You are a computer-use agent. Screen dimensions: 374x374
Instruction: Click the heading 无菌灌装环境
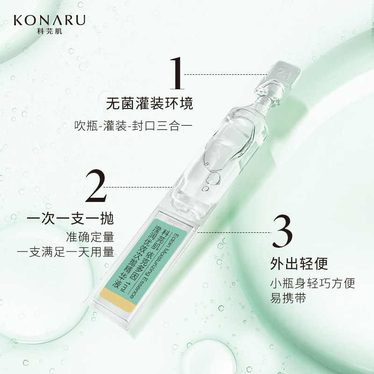149,103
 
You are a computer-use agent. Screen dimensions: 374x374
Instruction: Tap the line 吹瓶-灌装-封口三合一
134,127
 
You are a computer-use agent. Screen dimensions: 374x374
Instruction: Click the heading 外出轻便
298,264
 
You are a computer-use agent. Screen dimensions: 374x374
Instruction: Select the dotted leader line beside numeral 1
224,74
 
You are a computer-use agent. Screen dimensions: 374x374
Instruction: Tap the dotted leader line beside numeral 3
234,231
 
